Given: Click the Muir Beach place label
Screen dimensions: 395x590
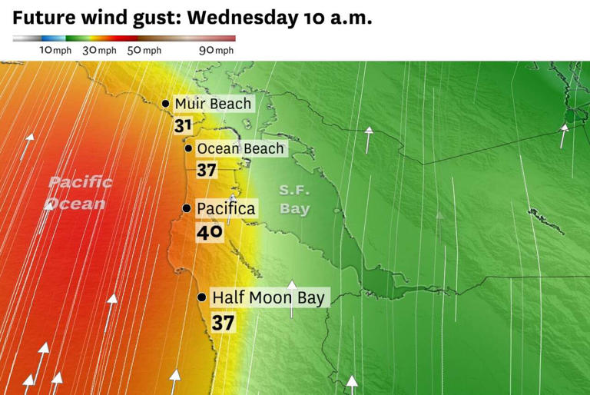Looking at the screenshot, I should [213, 104].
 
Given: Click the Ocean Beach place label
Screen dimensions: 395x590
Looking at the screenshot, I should [240, 148].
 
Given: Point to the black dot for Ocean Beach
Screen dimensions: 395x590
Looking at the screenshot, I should [188, 148].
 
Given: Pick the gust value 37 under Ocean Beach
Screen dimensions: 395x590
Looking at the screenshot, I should [206, 170].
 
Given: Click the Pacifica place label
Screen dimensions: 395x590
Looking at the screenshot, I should [226, 208].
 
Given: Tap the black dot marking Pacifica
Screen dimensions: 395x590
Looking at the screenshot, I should [186, 208].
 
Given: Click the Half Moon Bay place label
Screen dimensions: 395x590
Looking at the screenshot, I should [269, 297].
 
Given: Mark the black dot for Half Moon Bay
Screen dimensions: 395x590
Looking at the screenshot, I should [201, 297].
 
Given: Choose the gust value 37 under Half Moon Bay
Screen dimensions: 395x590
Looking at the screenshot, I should [223, 323].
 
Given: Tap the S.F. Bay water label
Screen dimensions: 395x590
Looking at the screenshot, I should [294, 200].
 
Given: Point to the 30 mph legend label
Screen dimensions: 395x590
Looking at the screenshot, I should [99, 50].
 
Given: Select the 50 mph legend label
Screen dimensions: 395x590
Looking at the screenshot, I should [144, 50].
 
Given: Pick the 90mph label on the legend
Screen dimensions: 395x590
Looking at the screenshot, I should [216, 50].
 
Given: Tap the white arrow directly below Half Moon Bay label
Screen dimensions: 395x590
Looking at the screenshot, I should [292, 296].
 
